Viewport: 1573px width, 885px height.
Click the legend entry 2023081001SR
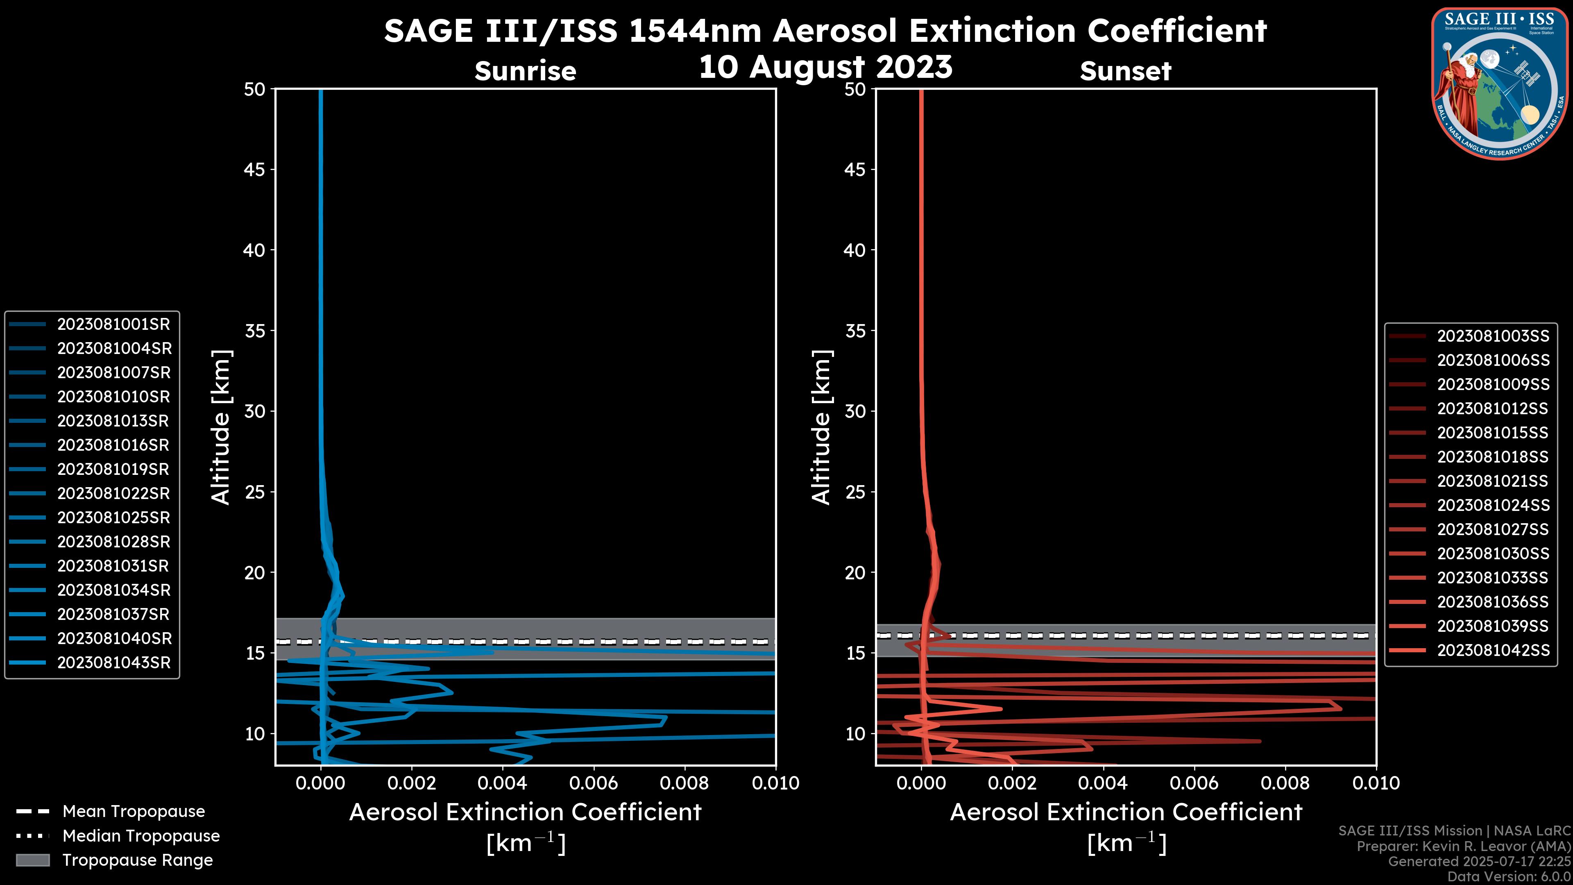coord(113,324)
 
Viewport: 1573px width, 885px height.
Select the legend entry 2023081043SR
coord(113,663)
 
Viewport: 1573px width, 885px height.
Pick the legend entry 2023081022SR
coord(113,493)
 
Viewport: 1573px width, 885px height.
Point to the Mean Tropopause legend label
coord(134,811)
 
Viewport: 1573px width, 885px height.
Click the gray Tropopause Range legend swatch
coord(32,860)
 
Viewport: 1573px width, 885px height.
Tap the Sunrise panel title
coord(525,71)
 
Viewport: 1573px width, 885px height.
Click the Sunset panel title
coord(1125,71)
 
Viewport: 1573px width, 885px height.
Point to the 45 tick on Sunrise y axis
coord(255,169)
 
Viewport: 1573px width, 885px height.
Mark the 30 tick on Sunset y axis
coord(855,411)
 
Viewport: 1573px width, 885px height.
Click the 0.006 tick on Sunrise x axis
coord(594,783)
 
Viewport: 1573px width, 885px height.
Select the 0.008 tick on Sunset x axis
coord(1285,783)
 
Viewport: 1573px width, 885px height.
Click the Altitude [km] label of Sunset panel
coord(821,427)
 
